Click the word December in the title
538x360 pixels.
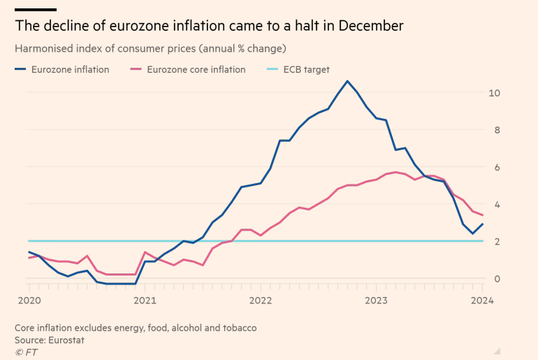click(x=368, y=27)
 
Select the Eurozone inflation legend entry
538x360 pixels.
click(x=70, y=69)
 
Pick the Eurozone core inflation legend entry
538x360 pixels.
click(x=196, y=69)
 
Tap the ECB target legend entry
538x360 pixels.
click(x=306, y=69)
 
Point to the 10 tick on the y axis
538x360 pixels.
click(x=494, y=93)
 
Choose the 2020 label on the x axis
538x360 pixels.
click(x=29, y=301)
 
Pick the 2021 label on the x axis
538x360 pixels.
click(x=145, y=301)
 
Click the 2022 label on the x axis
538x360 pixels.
click(x=260, y=301)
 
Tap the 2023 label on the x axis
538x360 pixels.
click(x=376, y=301)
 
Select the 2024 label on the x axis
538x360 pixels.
click(x=482, y=301)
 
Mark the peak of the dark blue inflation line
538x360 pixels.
click(x=347, y=81)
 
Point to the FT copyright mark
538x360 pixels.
click(x=26, y=352)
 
